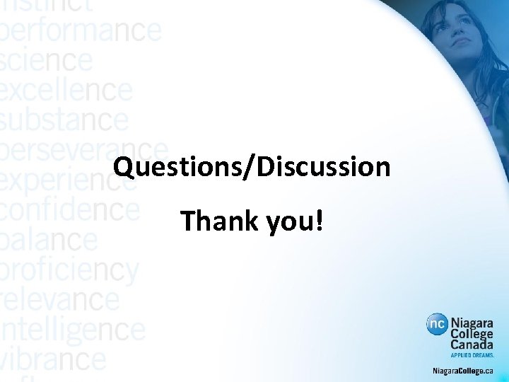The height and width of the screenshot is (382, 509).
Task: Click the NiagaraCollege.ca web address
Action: point(463,371)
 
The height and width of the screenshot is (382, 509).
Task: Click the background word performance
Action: point(80,30)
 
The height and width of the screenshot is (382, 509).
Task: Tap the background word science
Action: point(46,61)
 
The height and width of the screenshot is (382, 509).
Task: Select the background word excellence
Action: point(66,91)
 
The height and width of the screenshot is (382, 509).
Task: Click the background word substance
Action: point(64,120)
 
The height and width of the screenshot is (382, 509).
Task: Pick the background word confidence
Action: point(69,210)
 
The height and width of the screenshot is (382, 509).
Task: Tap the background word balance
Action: point(49,240)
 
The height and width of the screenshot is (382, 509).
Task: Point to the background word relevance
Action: point(59,299)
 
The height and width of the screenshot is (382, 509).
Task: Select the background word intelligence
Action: point(72,330)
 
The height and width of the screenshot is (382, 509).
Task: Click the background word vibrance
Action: point(53,359)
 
